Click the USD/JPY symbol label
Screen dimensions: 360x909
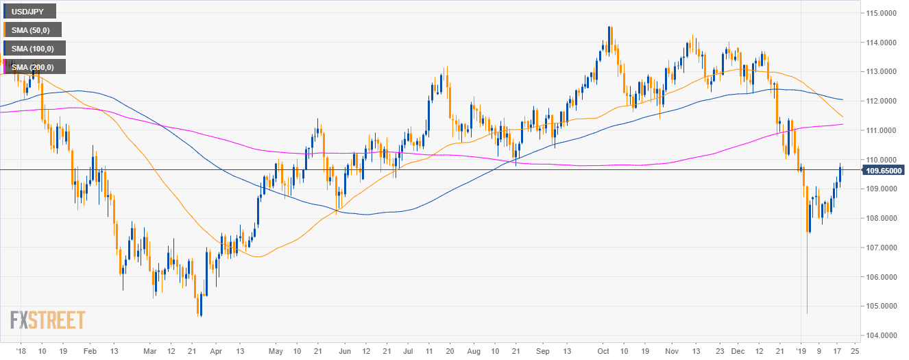[31, 12]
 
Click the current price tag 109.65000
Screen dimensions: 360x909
[882, 170]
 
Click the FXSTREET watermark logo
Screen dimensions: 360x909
[47, 320]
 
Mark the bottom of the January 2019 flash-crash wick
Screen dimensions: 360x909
[807, 313]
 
